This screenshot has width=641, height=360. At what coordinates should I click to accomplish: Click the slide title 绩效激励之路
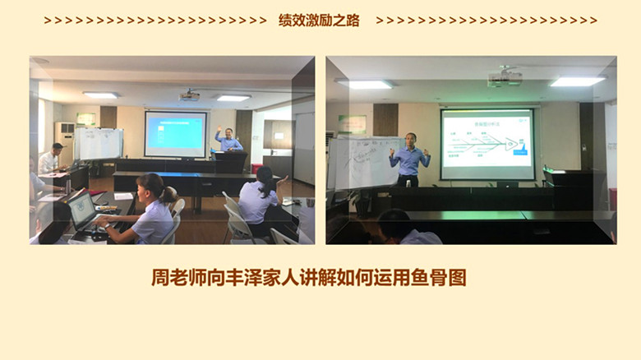point(319,21)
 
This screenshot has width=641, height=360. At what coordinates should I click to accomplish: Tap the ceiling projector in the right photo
point(504,78)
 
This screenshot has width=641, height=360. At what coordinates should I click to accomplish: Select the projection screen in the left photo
point(175,134)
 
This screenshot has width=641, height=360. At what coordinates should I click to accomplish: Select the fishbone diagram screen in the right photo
point(487,144)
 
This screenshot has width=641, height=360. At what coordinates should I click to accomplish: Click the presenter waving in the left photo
point(228,141)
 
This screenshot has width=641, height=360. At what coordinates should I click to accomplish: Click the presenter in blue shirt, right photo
point(409,156)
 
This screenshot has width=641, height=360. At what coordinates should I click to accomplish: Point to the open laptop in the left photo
point(81,211)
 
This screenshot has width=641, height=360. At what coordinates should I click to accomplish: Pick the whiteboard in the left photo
point(99,145)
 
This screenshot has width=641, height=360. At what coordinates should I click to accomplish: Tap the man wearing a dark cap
point(52,159)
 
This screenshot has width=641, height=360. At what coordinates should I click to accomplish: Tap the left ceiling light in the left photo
point(101,95)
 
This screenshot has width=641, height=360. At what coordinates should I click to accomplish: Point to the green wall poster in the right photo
point(352,124)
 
